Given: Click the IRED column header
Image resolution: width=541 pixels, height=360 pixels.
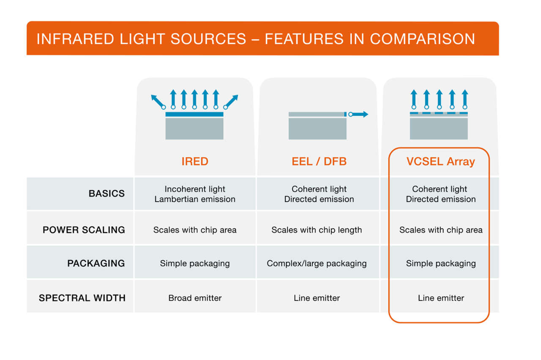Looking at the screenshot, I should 195,161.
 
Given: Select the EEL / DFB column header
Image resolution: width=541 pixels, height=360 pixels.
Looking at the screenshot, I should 319,161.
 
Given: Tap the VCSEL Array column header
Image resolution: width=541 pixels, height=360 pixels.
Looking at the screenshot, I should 440,161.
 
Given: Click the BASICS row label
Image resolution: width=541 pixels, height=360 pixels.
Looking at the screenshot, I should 107,194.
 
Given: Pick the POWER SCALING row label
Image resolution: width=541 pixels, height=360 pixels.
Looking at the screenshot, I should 84,230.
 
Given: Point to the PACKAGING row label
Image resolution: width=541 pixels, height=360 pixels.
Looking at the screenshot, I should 96,264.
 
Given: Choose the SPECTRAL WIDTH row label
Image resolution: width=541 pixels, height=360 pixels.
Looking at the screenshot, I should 82,298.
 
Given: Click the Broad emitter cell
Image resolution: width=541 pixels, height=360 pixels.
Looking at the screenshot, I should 195,298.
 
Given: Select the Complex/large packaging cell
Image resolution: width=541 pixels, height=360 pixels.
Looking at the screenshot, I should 317,264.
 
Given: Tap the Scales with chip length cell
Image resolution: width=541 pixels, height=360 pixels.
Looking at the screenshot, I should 317,230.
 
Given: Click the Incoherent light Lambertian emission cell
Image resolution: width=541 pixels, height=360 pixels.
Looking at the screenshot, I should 195,194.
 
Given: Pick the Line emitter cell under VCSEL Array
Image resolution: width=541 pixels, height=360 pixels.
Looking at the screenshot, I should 441,298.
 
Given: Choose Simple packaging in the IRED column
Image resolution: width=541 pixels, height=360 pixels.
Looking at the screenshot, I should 195,264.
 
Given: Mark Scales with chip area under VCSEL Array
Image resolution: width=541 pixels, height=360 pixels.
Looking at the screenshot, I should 441,230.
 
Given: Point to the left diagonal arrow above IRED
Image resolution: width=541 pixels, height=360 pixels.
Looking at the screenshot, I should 157,101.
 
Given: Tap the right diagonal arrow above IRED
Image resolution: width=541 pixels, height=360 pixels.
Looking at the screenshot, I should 232,101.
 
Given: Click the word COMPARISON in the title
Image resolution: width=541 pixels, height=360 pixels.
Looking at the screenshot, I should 422,39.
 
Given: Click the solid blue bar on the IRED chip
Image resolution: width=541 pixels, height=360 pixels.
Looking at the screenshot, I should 194,115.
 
